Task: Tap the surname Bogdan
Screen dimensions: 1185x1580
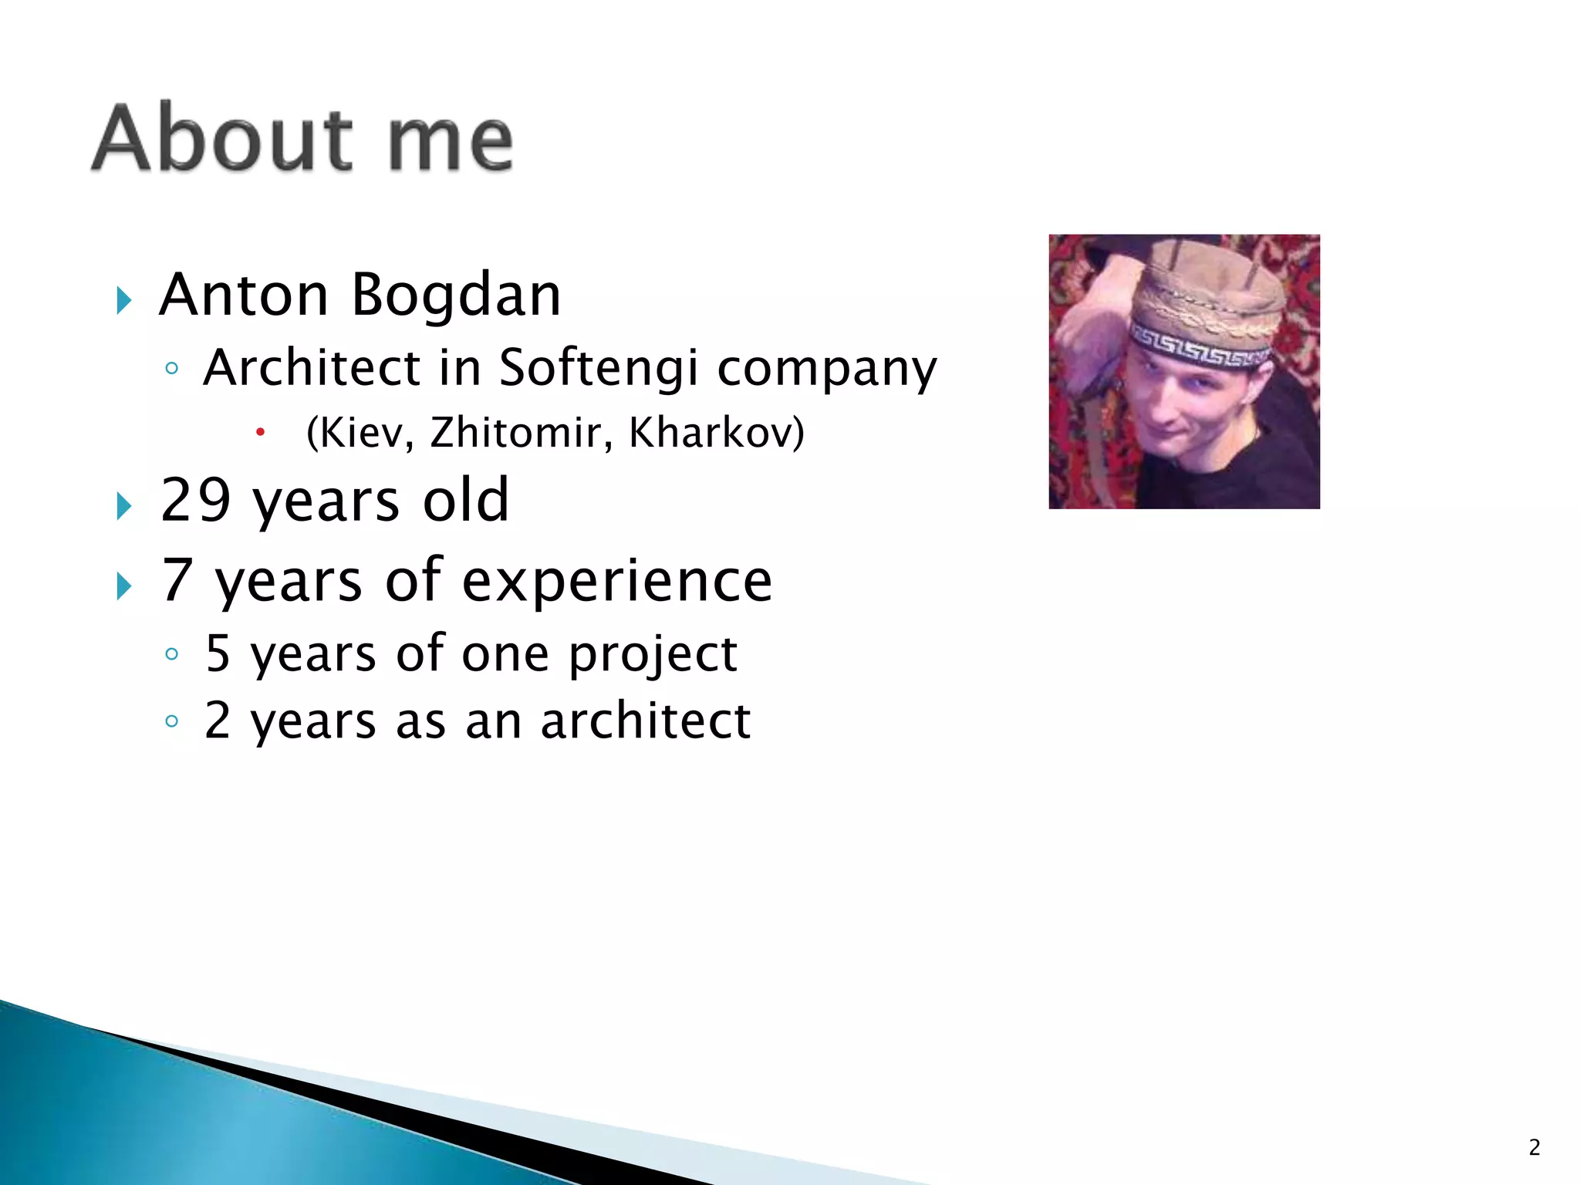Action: click(x=456, y=297)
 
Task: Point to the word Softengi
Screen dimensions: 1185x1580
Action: click(x=598, y=369)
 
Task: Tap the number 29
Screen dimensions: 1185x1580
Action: click(x=196, y=500)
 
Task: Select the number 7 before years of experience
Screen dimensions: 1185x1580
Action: click(x=177, y=580)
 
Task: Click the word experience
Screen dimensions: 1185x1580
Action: click(x=617, y=582)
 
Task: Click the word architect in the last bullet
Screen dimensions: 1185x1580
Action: click(x=645, y=721)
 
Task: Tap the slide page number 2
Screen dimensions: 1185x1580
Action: click(x=1534, y=1147)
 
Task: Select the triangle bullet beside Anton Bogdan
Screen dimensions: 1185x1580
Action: click(x=123, y=299)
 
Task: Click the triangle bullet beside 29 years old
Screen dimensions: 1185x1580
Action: click(x=123, y=506)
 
